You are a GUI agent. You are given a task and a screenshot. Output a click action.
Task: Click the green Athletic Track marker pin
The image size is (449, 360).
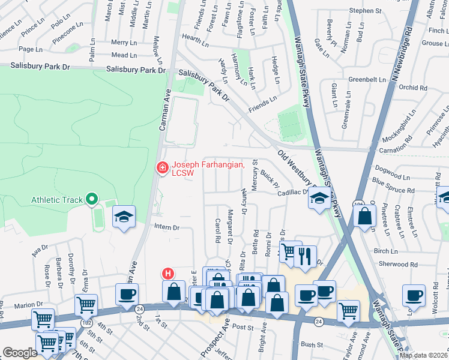(x=91, y=199)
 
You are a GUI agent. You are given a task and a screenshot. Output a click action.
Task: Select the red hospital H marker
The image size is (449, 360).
(x=169, y=274)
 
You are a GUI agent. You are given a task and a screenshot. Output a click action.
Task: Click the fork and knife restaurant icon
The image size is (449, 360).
(x=304, y=256)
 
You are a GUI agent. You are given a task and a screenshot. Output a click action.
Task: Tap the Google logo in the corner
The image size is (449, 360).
(x=20, y=353)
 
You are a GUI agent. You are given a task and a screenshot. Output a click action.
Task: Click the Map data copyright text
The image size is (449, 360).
(x=423, y=355)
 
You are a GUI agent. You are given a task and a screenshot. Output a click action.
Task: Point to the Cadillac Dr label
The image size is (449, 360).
(x=292, y=192)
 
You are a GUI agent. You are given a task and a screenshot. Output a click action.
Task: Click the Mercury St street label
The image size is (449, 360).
(x=255, y=175)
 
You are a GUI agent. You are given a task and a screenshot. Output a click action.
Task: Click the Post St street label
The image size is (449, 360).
(x=243, y=328)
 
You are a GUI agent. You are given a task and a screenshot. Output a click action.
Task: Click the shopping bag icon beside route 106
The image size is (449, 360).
(x=364, y=217)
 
